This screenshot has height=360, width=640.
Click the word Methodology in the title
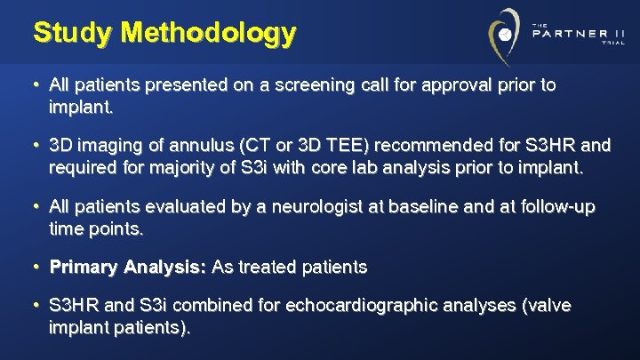pyautogui.click(x=210, y=33)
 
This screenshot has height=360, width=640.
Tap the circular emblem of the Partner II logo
pyautogui.click(x=505, y=35)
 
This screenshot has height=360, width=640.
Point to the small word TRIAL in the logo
pyautogui.click(x=613, y=44)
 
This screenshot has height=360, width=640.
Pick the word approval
pyautogui.click(x=437, y=86)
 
